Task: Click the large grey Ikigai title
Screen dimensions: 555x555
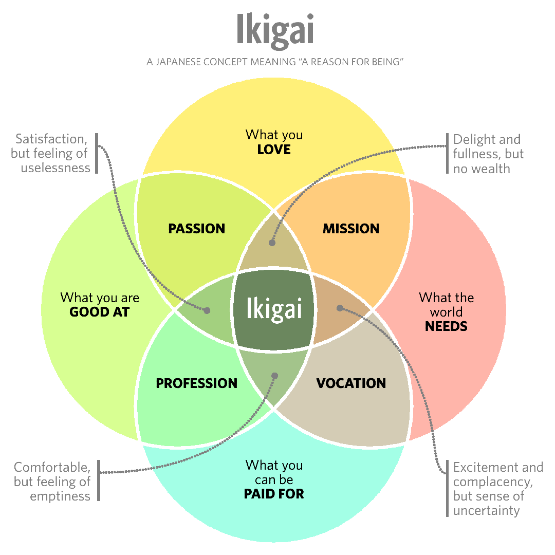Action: (x=275, y=30)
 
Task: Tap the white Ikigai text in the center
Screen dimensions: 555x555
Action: (x=273, y=309)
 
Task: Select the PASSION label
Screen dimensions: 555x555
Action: (x=197, y=229)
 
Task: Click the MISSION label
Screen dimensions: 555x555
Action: (x=351, y=229)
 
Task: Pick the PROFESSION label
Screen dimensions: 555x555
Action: (x=197, y=383)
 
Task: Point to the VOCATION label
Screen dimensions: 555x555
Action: (x=351, y=383)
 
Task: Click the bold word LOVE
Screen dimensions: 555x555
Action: (x=274, y=150)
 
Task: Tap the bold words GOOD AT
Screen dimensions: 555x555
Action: (x=100, y=312)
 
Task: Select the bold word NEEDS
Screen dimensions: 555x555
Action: (x=446, y=326)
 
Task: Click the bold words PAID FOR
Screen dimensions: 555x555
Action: (x=274, y=494)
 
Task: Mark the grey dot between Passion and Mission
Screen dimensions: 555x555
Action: (x=272, y=243)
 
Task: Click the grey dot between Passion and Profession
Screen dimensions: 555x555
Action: (x=207, y=310)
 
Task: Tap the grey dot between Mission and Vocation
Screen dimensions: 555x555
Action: (x=340, y=308)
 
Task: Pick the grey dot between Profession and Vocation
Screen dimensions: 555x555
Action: (x=274, y=376)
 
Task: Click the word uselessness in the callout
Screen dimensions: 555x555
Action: (x=55, y=168)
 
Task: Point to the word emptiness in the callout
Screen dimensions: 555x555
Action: (x=60, y=496)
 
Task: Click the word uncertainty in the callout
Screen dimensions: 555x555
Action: (x=487, y=511)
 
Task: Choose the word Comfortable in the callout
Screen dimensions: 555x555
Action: (x=52, y=468)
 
